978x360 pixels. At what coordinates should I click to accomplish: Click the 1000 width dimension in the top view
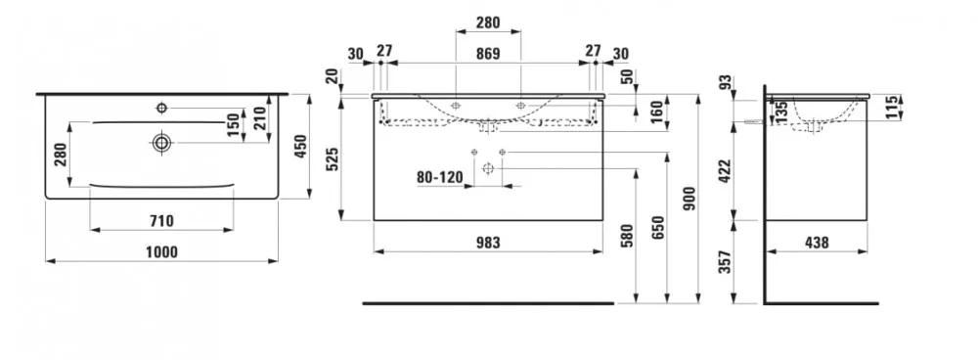(161, 252)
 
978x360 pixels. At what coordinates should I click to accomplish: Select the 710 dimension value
(161, 221)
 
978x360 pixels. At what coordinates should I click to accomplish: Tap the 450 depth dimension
(301, 147)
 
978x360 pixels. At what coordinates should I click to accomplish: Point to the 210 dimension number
(261, 117)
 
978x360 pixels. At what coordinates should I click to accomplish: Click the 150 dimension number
(234, 125)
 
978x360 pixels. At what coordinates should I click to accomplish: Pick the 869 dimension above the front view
(488, 54)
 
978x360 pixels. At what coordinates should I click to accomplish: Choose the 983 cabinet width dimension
(488, 243)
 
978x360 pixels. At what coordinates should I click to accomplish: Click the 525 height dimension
(332, 159)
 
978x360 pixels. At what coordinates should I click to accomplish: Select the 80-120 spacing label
(440, 177)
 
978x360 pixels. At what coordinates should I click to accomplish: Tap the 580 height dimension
(628, 237)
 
